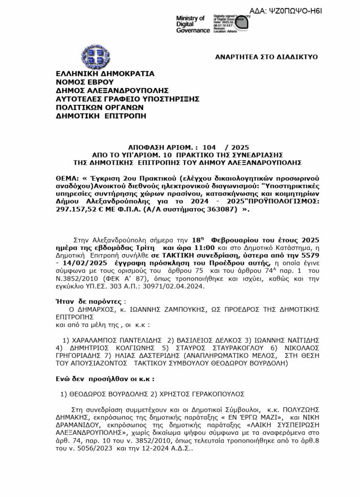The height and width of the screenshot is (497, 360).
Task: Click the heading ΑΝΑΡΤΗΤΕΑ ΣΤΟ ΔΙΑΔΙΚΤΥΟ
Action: pos(266,57)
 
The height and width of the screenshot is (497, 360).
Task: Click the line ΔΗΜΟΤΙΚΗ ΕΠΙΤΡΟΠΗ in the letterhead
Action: pos(101,116)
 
